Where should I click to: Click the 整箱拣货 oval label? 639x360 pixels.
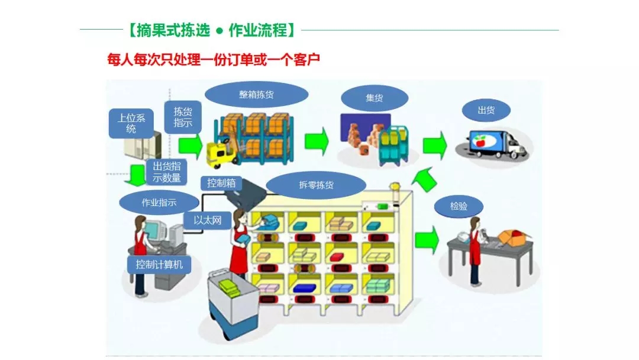[x=256, y=94]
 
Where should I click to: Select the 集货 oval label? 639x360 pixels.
[x=374, y=98]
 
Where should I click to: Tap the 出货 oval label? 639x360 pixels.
[x=486, y=110]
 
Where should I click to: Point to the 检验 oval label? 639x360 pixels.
[x=459, y=207]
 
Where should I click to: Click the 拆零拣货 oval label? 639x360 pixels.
[x=316, y=185]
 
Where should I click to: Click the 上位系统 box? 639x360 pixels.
[x=131, y=123]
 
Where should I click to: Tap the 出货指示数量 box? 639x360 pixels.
[x=166, y=172]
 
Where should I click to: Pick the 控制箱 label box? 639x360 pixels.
[x=221, y=183]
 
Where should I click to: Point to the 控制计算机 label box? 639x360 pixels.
[x=159, y=265]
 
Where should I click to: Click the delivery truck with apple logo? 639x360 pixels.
[x=495, y=144]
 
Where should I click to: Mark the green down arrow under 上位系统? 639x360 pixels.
[x=138, y=173]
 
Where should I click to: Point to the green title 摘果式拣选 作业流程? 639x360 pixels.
[x=211, y=30]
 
